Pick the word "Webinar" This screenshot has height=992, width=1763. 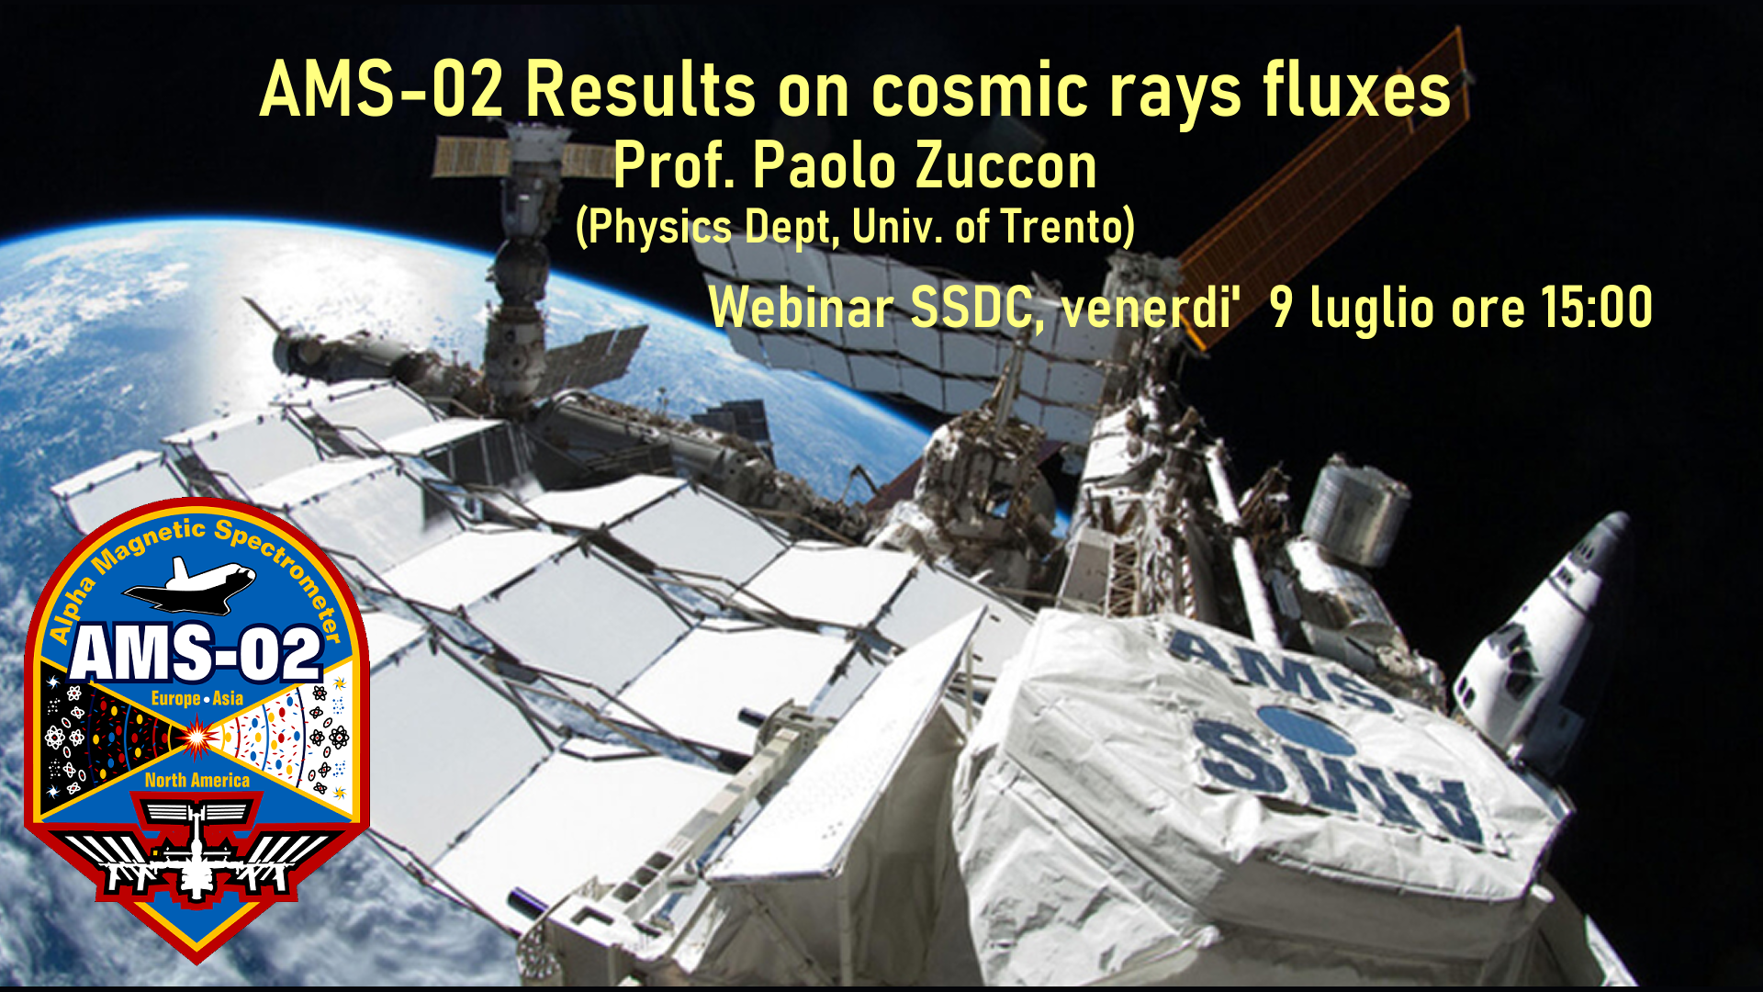[x=801, y=307]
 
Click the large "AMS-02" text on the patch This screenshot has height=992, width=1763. [x=196, y=653]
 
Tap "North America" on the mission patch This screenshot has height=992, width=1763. [x=197, y=781]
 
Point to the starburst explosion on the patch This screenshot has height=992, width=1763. [x=197, y=736]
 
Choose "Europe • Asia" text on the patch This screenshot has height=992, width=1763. [x=197, y=699]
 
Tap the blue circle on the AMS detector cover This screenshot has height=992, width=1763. [x=1306, y=730]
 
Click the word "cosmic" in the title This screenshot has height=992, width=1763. [x=980, y=91]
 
